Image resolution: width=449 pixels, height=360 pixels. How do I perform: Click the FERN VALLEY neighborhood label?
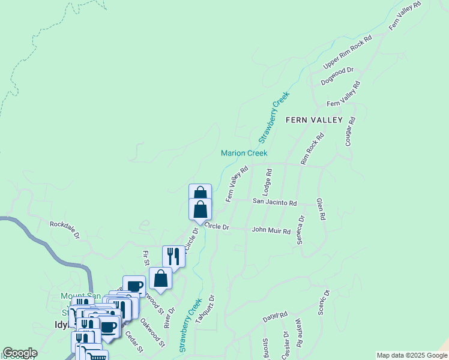pos(314,120)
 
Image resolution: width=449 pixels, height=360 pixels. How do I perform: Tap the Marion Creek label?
pos(244,153)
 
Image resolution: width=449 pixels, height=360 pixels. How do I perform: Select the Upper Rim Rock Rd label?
pos(348,52)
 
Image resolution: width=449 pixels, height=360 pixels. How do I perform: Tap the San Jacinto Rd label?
pos(274,203)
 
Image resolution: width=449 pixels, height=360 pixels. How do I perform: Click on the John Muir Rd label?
pos(271,230)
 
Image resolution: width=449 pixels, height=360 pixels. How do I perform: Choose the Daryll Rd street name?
pos(276,316)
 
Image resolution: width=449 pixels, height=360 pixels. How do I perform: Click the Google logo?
pos(20,353)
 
